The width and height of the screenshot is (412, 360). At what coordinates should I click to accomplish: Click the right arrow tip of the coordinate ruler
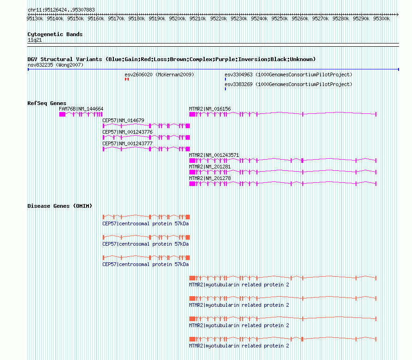point(398,15)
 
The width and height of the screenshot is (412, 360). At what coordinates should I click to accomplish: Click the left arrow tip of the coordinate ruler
point(28,15)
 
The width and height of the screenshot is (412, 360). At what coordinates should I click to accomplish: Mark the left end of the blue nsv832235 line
point(28,69)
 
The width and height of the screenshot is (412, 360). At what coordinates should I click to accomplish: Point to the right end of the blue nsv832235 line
point(399,69)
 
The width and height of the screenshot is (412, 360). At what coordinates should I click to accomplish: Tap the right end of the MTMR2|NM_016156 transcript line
point(376,114)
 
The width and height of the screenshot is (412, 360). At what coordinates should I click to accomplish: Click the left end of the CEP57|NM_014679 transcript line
point(103,126)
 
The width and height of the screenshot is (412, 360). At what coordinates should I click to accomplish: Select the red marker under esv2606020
point(127,79)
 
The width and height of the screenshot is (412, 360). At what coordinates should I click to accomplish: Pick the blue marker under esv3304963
point(225,79)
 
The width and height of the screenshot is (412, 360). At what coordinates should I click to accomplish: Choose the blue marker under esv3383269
point(225,89)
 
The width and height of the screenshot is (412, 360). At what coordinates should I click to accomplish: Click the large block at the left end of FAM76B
point(62,114)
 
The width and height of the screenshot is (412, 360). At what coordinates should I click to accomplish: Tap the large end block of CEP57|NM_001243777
point(187,149)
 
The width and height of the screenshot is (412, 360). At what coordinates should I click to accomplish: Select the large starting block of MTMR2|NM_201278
point(192,184)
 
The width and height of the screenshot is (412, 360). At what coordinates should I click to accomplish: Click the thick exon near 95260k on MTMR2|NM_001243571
point(302,161)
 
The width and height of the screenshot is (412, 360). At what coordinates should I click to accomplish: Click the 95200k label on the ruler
point(177,19)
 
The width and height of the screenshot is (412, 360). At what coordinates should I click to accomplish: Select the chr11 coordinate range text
point(61,10)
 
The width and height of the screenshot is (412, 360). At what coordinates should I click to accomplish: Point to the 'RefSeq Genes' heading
point(47,103)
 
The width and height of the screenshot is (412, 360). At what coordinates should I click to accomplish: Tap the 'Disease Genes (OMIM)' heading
point(60,206)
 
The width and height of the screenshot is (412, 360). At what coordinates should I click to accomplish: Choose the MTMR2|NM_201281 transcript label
point(210,167)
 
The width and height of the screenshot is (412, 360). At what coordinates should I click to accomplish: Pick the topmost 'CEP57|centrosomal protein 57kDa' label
point(145,223)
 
